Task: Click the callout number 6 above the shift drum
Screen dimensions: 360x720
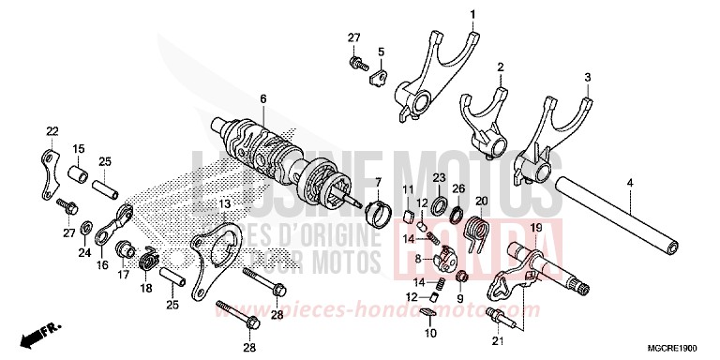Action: pyautogui.click(x=263, y=98)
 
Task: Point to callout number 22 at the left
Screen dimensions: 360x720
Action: pyautogui.click(x=52, y=130)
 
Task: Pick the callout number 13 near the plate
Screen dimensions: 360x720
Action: pyautogui.click(x=224, y=203)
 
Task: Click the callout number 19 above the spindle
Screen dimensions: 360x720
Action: pyautogui.click(x=378, y=182)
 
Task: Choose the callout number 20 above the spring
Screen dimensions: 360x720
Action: pyautogui.click(x=482, y=202)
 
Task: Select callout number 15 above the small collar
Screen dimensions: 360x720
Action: pyautogui.click(x=79, y=148)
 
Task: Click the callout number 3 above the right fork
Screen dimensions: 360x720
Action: pyautogui.click(x=588, y=77)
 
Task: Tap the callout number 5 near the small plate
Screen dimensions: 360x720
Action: pyautogui.click(x=382, y=52)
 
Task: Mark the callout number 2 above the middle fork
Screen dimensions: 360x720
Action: pyautogui.click(x=501, y=67)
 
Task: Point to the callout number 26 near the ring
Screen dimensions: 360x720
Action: pyautogui.click(x=458, y=188)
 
